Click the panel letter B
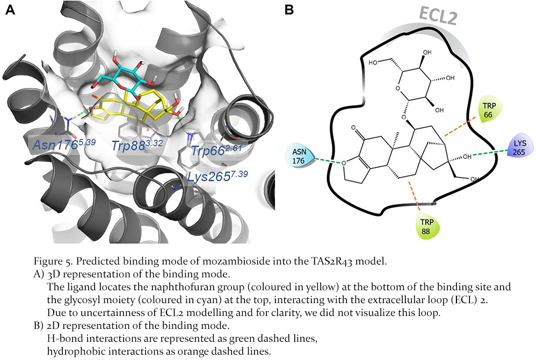point(288,10)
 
